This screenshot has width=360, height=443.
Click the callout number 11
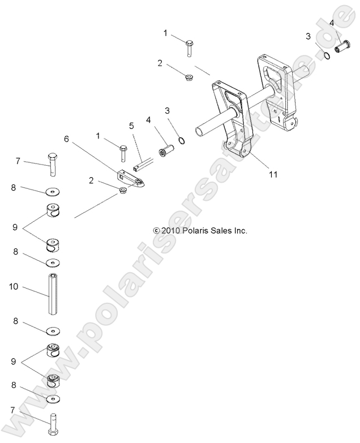(273, 175)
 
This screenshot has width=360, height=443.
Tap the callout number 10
(14, 287)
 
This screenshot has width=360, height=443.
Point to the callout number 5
(131, 125)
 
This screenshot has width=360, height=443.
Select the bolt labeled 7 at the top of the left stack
(53, 162)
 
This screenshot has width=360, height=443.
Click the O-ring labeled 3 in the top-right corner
(327, 55)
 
